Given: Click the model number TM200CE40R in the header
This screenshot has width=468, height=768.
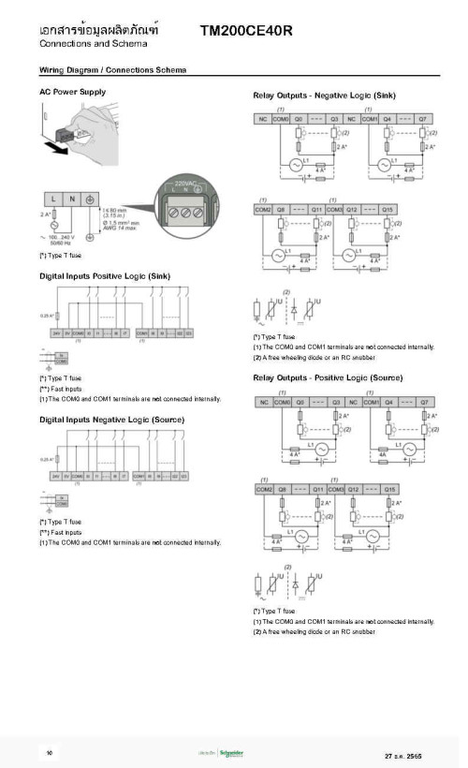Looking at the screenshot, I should (x=246, y=31).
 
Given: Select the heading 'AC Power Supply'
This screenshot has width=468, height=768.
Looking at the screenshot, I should (x=73, y=92).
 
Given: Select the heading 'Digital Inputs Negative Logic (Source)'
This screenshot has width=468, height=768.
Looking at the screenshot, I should (x=111, y=419).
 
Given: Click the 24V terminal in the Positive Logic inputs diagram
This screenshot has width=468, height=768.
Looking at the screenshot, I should (x=55, y=332).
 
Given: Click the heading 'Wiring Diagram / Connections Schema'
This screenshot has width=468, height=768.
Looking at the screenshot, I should (x=112, y=70).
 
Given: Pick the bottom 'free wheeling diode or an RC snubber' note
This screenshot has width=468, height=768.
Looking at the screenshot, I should (x=314, y=631).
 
